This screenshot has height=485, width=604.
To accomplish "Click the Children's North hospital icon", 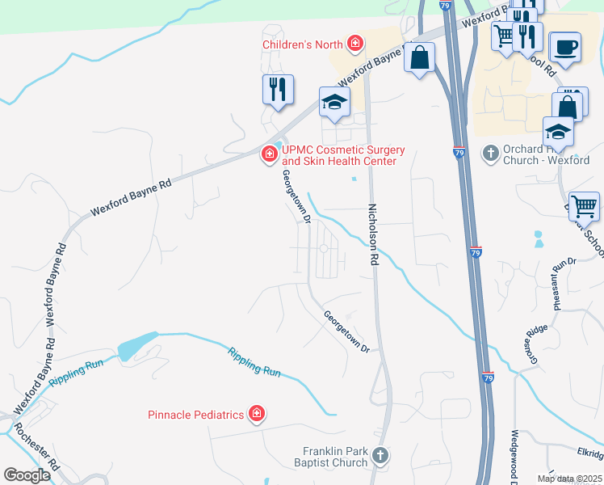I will [354, 44].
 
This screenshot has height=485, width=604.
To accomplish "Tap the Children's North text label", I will [303, 44].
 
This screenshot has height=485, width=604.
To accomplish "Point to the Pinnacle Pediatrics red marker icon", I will [257, 415].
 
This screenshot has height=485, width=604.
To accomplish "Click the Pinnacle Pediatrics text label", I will [195, 415].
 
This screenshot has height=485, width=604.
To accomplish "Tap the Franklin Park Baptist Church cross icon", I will [380, 457].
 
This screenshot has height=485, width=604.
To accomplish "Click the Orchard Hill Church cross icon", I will [490, 153].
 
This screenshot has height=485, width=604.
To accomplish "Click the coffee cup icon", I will [565, 47].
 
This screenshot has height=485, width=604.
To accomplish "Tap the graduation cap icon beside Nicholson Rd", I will [334, 103].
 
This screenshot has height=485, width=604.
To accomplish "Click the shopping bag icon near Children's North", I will [419, 57].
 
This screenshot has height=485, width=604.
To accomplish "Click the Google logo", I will [27, 474].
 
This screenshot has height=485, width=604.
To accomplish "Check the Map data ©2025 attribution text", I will [569, 479].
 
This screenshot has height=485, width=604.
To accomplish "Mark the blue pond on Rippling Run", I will [137, 346].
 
